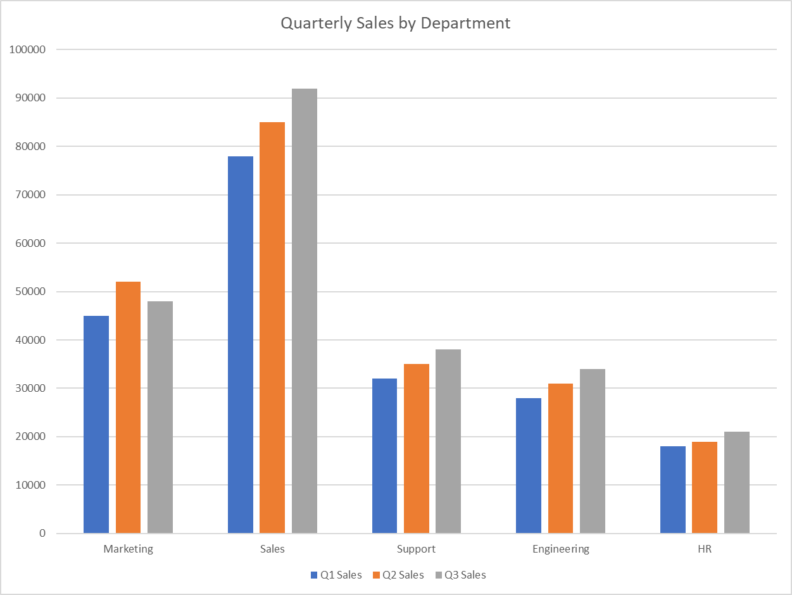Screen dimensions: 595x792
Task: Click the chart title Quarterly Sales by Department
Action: (x=395, y=23)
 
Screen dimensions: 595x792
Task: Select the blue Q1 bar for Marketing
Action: (x=96, y=424)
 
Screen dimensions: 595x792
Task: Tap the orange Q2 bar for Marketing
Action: (x=128, y=407)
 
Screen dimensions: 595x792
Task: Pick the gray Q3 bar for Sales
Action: (x=305, y=311)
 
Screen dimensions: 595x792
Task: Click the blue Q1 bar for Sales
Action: (x=241, y=344)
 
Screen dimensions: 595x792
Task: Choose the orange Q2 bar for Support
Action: (x=416, y=448)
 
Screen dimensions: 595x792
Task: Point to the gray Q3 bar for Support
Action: (x=448, y=441)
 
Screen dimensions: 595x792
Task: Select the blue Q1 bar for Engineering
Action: (x=529, y=465)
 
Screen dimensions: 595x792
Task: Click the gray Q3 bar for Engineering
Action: (x=593, y=451)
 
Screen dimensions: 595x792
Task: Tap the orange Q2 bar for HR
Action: (x=705, y=487)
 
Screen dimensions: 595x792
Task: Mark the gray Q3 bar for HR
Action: (x=737, y=482)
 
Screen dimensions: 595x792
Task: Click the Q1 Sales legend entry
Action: (x=336, y=575)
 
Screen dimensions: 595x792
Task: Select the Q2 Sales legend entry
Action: (x=398, y=575)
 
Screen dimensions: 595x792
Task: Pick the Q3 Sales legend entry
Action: (x=460, y=575)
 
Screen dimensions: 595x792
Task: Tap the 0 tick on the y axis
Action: (x=42, y=534)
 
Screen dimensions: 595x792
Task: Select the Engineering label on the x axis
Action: (x=560, y=549)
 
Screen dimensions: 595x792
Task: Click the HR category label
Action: (x=705, y=549)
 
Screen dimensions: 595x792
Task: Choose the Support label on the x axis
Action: (x=416, y=549)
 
